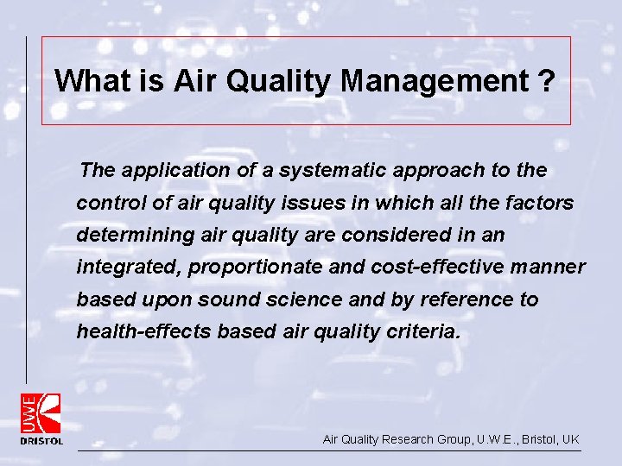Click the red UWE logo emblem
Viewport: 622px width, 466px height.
41,412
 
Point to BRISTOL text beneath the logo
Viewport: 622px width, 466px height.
41,441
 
